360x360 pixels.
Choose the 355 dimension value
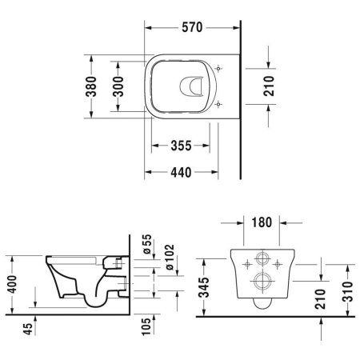pyautogui.click(x=181, y=146)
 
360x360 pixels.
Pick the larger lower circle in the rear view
pyautogui.click(x=262, y=282)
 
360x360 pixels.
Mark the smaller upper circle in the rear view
pyautogui.click(x=262, y=260)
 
